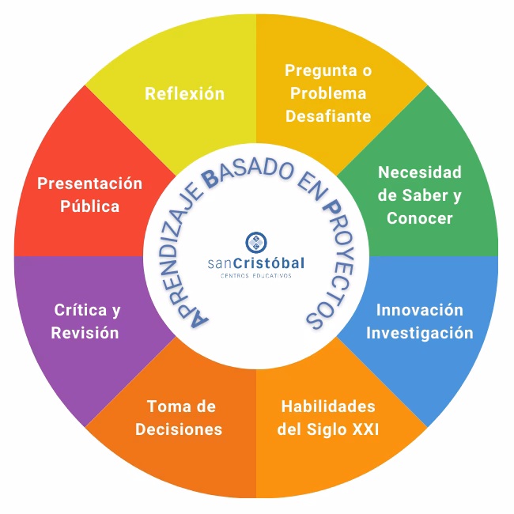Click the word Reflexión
coord(184,94)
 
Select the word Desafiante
coord(328,116)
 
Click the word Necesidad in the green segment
coord(419,172)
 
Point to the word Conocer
coord(419,217)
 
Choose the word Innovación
coord(419,309)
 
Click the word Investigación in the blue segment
coord(419,332)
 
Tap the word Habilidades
coord(328,406)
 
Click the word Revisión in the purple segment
coord(85,332)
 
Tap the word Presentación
coord(90,183)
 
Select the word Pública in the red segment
coord(90,206)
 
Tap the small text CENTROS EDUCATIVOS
coord(255,276)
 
